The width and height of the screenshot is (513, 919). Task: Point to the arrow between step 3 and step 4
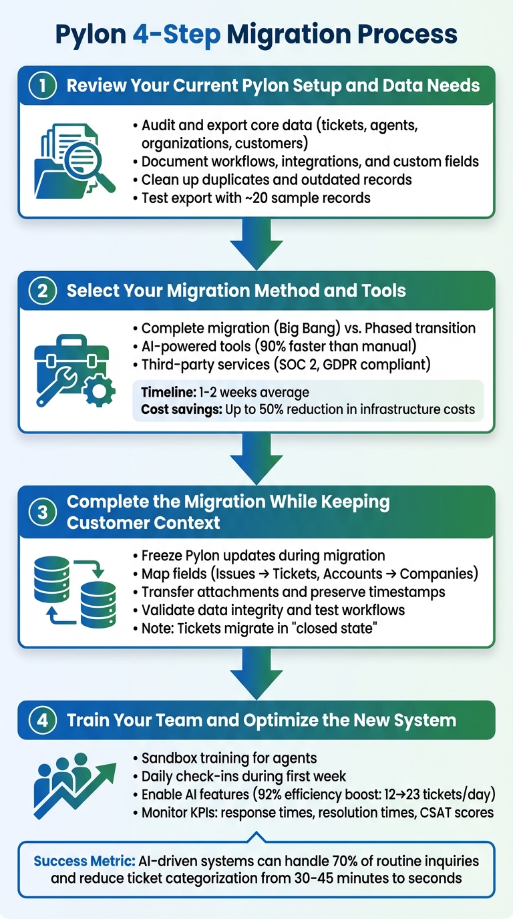click(x=256, y=671)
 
